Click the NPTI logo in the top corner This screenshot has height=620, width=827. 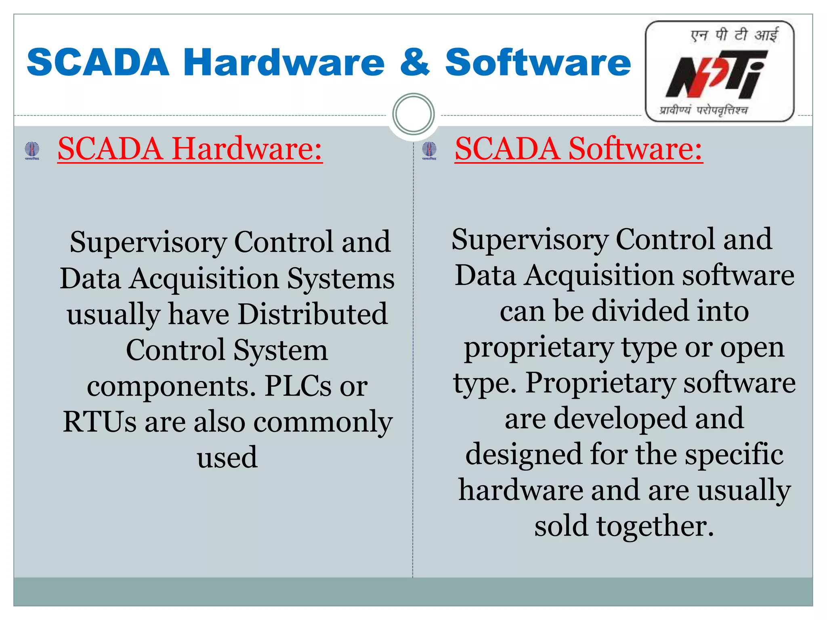pyautogui.click(x=720, y=71)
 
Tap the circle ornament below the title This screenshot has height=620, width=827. pyautogui.click(x=413, y=114)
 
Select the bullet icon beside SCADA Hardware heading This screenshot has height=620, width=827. pyautogui.click(x=32, y=150)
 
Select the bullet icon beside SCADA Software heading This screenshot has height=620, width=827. pyautogui.click(x=429, y=150)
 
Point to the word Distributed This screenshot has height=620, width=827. pyautogui.click(x=313, y=314)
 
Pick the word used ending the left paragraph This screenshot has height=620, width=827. pyautogui.click(x=227, y=457)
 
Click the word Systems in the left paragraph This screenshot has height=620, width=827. pyautogui.click(x=340, y=279)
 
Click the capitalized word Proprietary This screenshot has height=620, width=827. pyautogui.click(x=600, y=383)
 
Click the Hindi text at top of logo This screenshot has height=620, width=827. pyautogui.click(x=734, y=35)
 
